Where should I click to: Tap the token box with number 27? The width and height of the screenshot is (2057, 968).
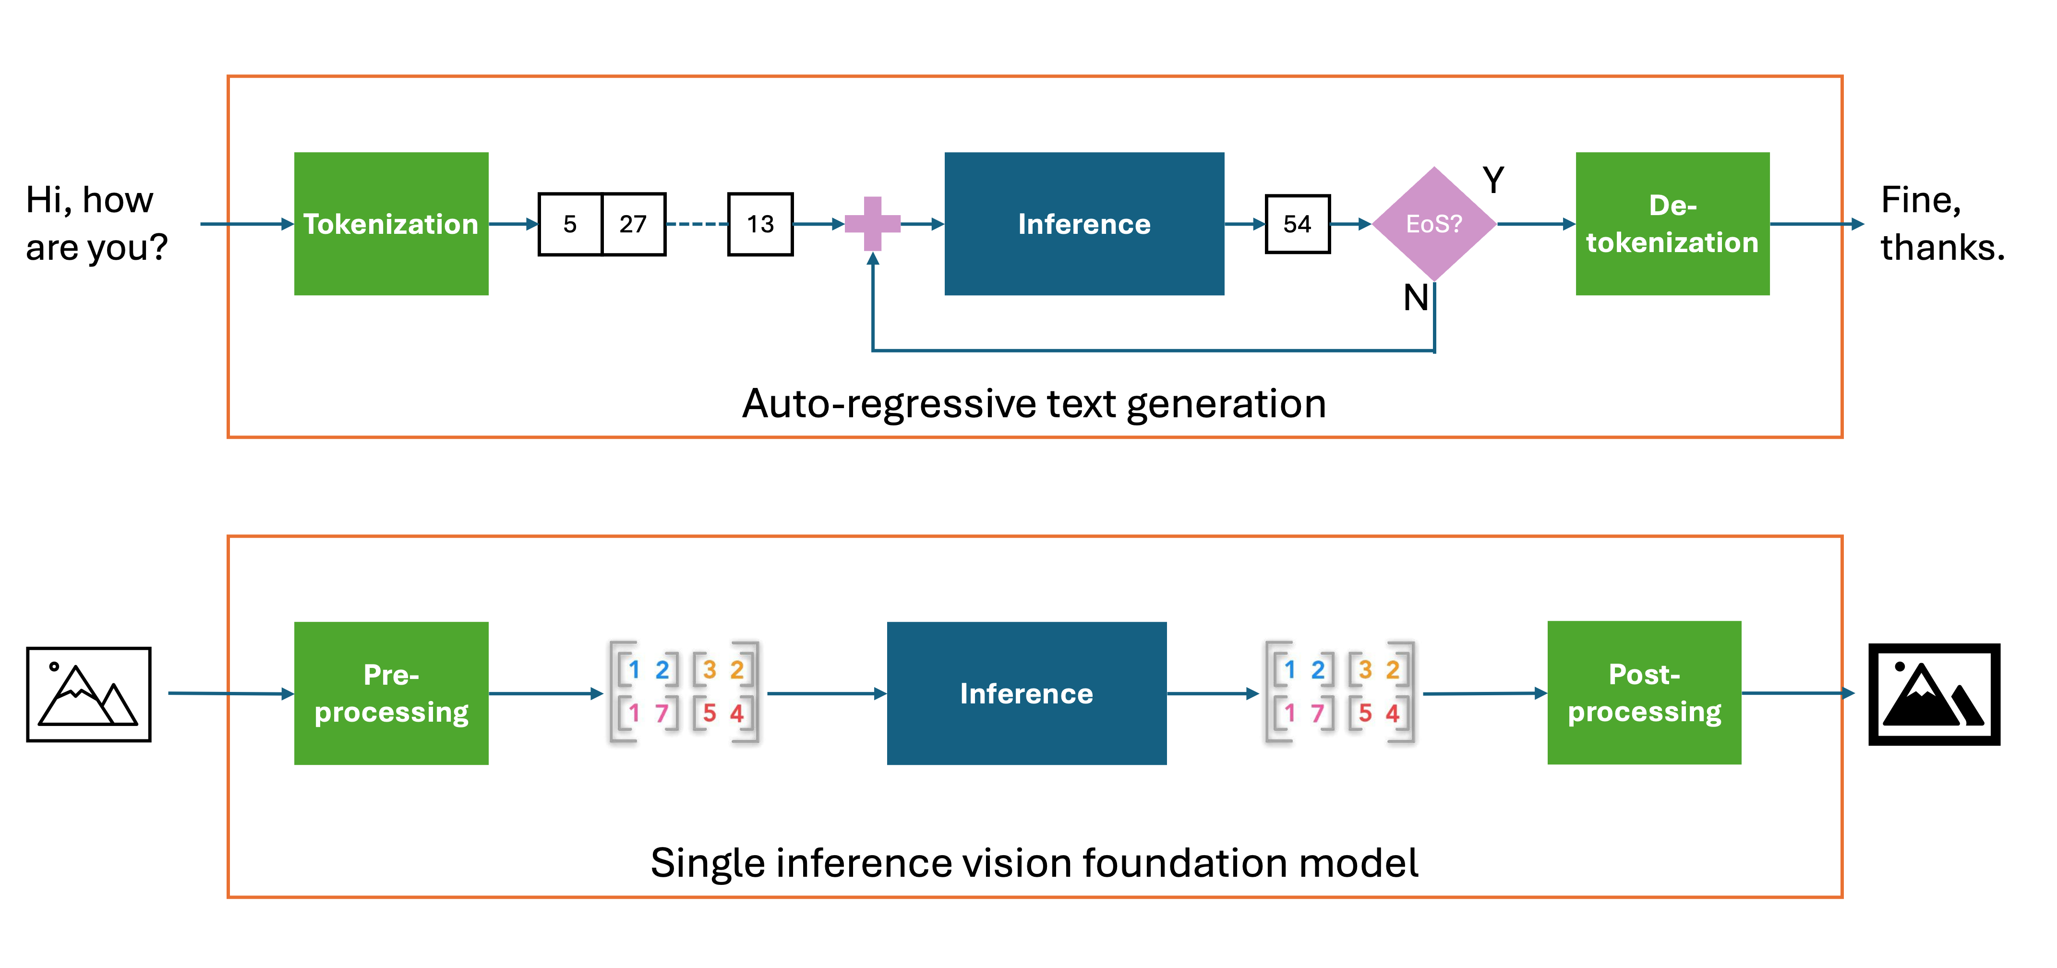633,224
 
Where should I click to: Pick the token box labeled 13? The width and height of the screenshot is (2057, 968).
760,224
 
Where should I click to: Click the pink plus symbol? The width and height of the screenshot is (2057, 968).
873,224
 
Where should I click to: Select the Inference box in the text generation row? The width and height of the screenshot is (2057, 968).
1083,224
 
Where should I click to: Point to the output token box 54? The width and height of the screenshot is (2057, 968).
1298,224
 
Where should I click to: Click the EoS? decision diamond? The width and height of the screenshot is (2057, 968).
1434,224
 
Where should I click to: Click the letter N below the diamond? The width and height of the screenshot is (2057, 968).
1416,298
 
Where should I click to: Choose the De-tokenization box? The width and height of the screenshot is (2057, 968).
1672,224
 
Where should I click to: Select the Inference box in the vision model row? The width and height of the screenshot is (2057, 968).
1026,693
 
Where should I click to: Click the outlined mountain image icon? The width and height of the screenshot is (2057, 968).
89,694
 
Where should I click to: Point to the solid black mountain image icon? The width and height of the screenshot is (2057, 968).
1934,694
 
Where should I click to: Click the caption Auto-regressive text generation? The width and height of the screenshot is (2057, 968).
1034,403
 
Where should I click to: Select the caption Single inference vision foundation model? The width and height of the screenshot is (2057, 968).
1034,862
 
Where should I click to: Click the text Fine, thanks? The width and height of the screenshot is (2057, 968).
1942,224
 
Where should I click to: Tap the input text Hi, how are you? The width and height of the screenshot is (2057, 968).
96,224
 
